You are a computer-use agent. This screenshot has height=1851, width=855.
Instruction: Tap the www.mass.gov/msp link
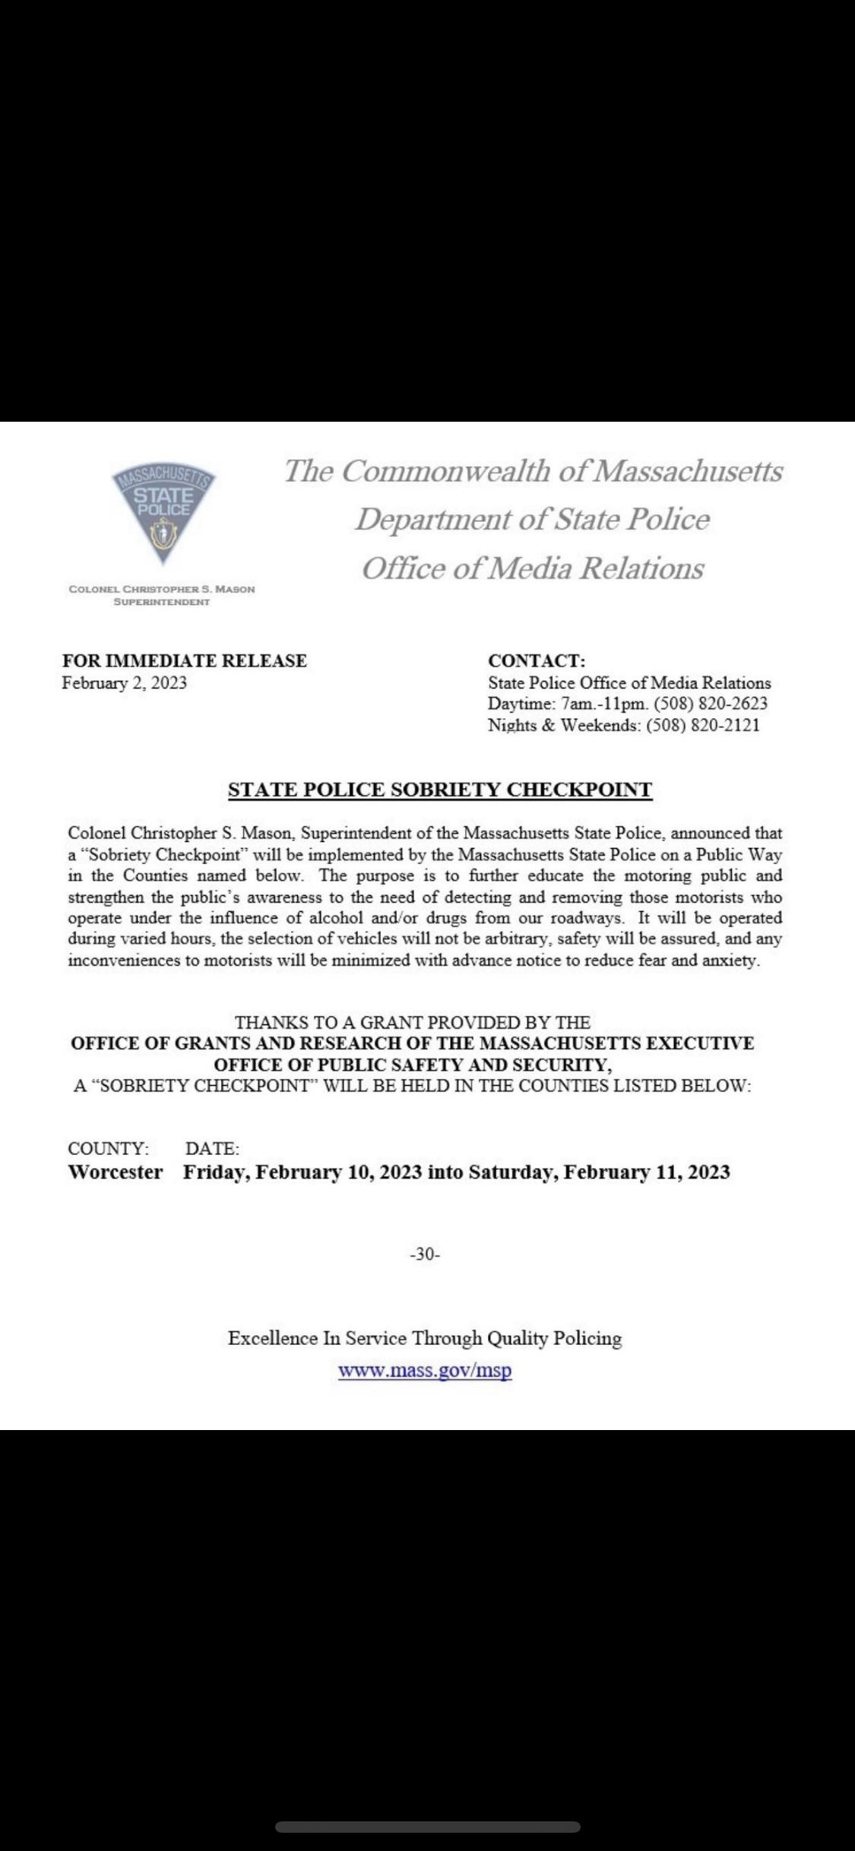coord(425,1371)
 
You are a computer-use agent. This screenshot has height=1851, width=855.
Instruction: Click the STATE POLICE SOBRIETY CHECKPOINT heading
coord(440,789)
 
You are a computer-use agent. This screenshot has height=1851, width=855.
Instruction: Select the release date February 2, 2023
coord(124,682)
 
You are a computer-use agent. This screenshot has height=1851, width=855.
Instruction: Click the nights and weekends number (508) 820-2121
coord(702,725)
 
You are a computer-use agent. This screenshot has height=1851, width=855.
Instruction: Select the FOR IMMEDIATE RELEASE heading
coord(185,660)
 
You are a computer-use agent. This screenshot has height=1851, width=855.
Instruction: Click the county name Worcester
coord(116,1172)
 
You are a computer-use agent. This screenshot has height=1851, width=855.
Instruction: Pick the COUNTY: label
coord(109,1148)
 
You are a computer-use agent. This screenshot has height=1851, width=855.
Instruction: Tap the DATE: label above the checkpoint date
coord(213,1148)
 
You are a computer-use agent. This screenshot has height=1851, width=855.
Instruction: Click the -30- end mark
coord(425,1255)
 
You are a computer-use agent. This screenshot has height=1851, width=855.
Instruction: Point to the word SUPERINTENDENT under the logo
coord(162,602)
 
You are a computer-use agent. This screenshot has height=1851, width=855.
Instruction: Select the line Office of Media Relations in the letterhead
coord(533,568)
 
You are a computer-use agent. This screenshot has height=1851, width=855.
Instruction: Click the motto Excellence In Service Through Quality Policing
coord(425,1338)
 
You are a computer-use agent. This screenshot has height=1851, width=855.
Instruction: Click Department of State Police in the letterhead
coord(533,519)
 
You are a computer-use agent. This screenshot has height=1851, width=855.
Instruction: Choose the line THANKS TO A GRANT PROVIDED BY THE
coord(413,1022)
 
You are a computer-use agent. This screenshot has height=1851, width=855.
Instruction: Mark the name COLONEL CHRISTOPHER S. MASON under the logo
coord(162,589)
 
